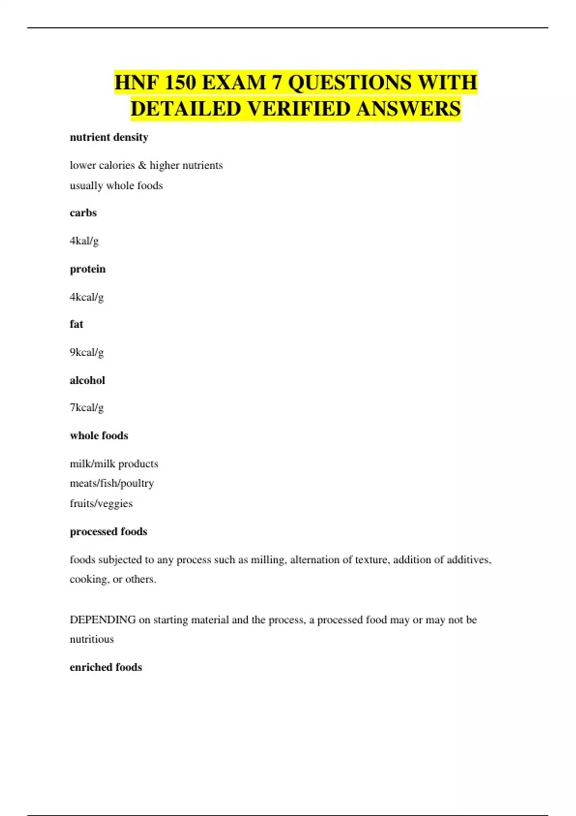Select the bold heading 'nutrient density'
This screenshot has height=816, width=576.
click(x=109, y=137)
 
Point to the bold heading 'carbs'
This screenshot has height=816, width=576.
click(x=83, y=213)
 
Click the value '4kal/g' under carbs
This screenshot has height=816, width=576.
click(x=84, y=241)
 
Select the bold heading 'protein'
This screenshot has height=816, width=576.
click(x=87, y=269)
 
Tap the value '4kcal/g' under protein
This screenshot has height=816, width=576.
click(x=86, y=297)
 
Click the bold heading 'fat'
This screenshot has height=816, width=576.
click(x=76, y=324)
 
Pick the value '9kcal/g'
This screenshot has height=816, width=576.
click(x=86, y=352)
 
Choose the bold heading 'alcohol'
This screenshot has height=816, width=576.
click(x=87, y=380)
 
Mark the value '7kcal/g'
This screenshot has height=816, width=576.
click(x=86, y=408)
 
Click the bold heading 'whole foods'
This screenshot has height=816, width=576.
click(x=99, y=435)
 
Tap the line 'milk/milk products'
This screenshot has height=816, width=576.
click(x=114, y=464)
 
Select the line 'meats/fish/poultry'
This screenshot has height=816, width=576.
click(x=112, y=483)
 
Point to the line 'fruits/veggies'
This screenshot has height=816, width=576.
click(x=101, y=504)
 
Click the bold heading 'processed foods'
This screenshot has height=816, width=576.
click(x=108, y=531)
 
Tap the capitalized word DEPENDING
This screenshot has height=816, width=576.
click(x=102, y=620)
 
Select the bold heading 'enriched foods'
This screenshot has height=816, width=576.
click(x=106, y=667)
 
